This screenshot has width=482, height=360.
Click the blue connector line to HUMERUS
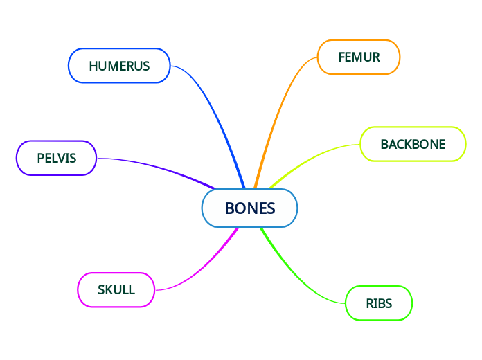tap(219, 111)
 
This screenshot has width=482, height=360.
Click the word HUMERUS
tap(119, 66)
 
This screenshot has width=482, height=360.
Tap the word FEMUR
tap(359, 57)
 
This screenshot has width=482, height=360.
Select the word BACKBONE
tap(413, 144)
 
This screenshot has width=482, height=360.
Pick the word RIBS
tap(379, 303)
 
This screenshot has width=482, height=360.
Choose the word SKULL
tap(116, 289)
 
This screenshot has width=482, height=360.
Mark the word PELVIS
tap(56, 158)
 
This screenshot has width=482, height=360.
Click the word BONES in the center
tap(250, 208)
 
